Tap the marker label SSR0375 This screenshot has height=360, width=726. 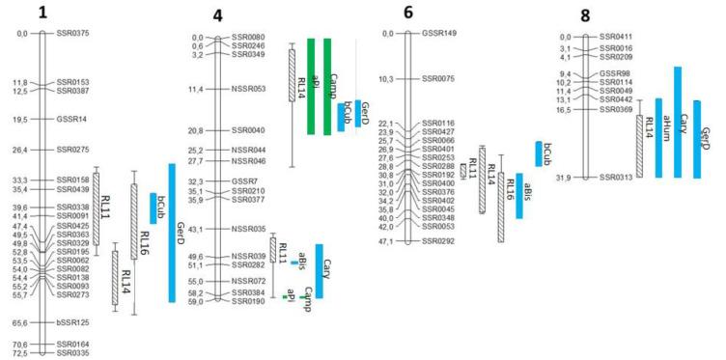coord(72,34)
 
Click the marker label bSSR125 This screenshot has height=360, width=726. coord(72,323)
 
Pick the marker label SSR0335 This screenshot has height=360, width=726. coord(72,353)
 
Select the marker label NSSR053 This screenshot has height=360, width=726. coord(250,89)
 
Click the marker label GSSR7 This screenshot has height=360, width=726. coord(246,181)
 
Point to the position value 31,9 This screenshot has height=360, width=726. coord(570,178)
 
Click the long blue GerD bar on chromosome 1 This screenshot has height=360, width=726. coord(171,233)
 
